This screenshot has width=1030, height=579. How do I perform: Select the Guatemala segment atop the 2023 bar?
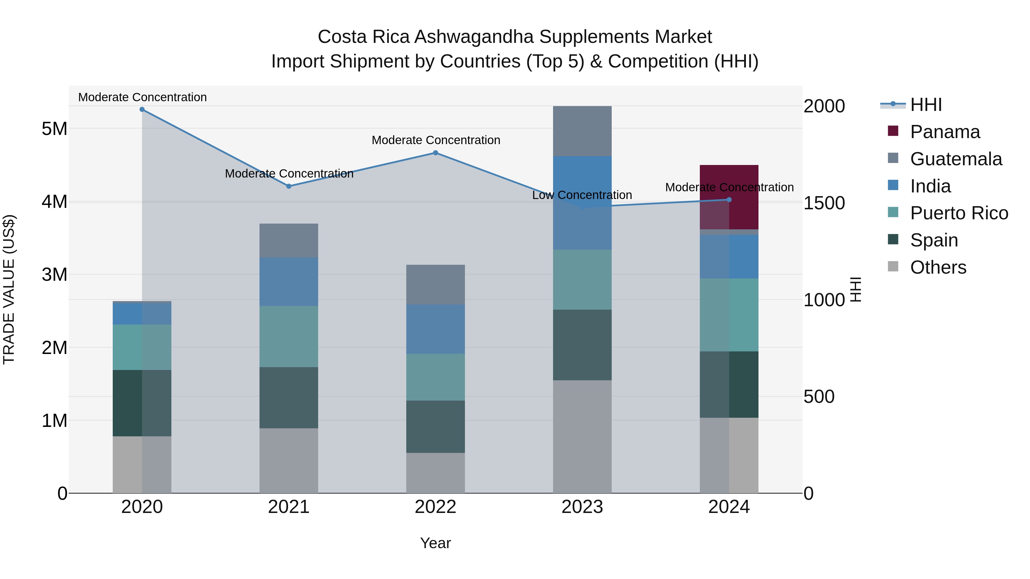(582, 131)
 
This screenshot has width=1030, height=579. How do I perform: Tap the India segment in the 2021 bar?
(289, 281)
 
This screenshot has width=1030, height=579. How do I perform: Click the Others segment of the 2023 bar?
(582, 436)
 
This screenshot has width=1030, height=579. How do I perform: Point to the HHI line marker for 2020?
(142, 110)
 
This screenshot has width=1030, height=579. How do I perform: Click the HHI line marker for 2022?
(435, 153)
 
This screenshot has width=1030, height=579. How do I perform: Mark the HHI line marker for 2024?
(729, 200)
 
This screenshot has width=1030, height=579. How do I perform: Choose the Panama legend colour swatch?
(893, 131)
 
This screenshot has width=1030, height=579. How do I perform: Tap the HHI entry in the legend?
(926, 105)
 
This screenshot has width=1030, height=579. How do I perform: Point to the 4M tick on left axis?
(54, 202)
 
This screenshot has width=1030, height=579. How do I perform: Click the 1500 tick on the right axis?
(824, 203)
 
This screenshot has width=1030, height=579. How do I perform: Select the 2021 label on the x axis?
(289, 507)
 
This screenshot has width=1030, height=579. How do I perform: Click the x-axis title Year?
(435, 543)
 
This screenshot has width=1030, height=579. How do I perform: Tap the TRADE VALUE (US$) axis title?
(9, 289)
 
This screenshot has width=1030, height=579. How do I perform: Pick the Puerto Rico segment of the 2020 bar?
(142, 347)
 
